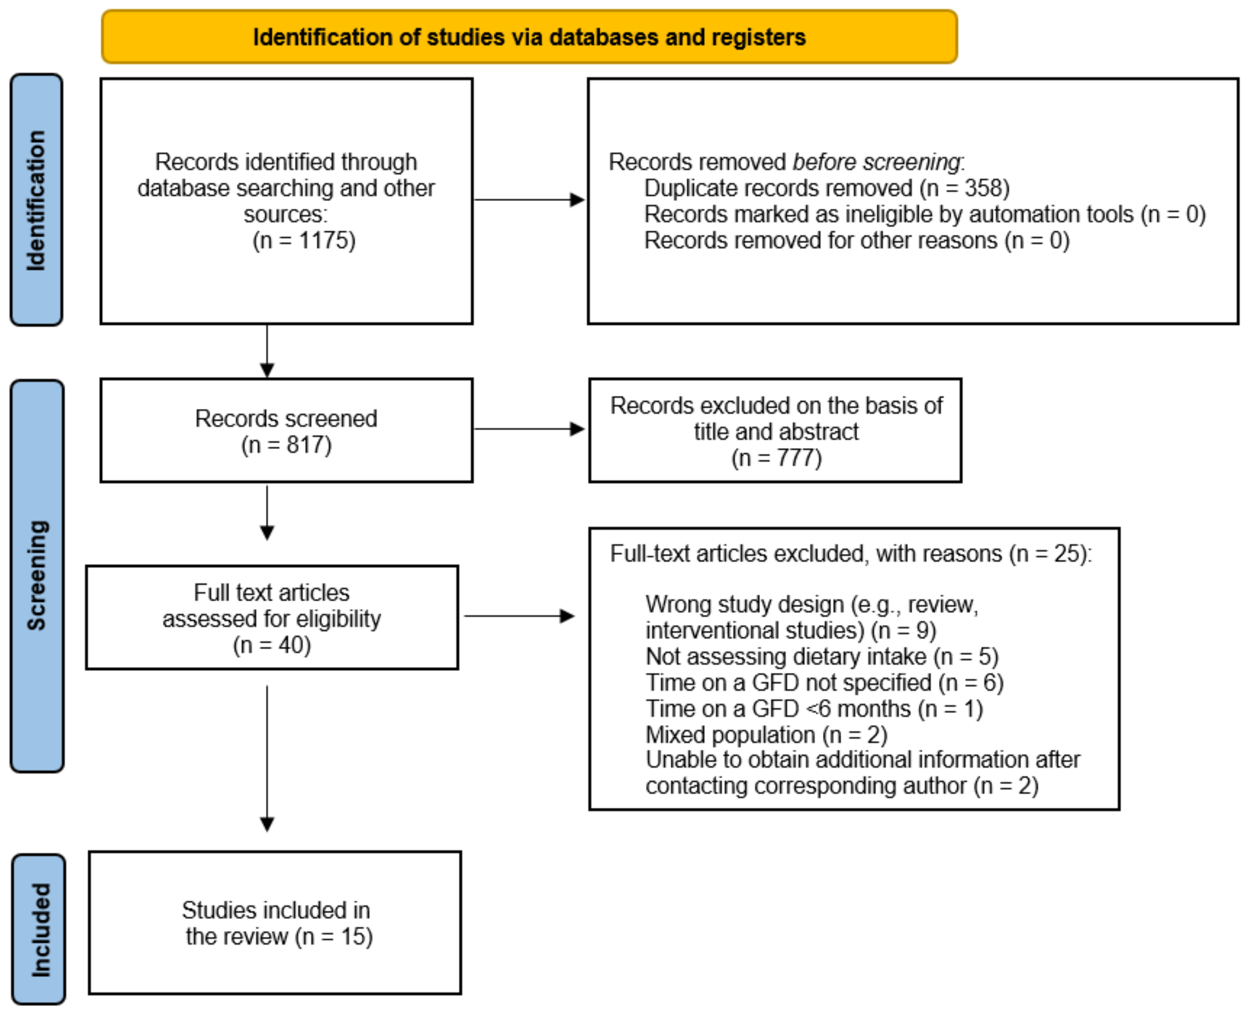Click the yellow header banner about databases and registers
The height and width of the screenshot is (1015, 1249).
pyautogui.click(x=529, y=37)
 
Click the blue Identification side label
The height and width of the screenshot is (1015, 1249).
pyautogui.click(x=36, y=200)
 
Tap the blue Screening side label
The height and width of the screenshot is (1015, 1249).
pyautogui.click(x=37, y=575)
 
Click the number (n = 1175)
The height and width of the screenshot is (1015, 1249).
pyautogui.click(x=303, y=240)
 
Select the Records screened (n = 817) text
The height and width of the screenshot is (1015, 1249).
pyautogui.click(x=286, y=432)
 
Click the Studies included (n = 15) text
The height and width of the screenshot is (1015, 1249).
pyautogui.click(x=277, y=923)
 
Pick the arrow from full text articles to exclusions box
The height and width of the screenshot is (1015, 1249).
pyautogui.click(x=519, y=616)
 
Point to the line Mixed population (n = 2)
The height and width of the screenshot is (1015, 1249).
pyautogui.click(x=766, y=734)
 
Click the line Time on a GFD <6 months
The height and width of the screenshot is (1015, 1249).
pyautogui.click(x=814, y=709)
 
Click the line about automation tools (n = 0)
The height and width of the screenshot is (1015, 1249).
pyautogui.click(x=925, y=214)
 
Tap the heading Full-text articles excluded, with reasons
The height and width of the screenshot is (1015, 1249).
pyautogui.click(x=850, y=554)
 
